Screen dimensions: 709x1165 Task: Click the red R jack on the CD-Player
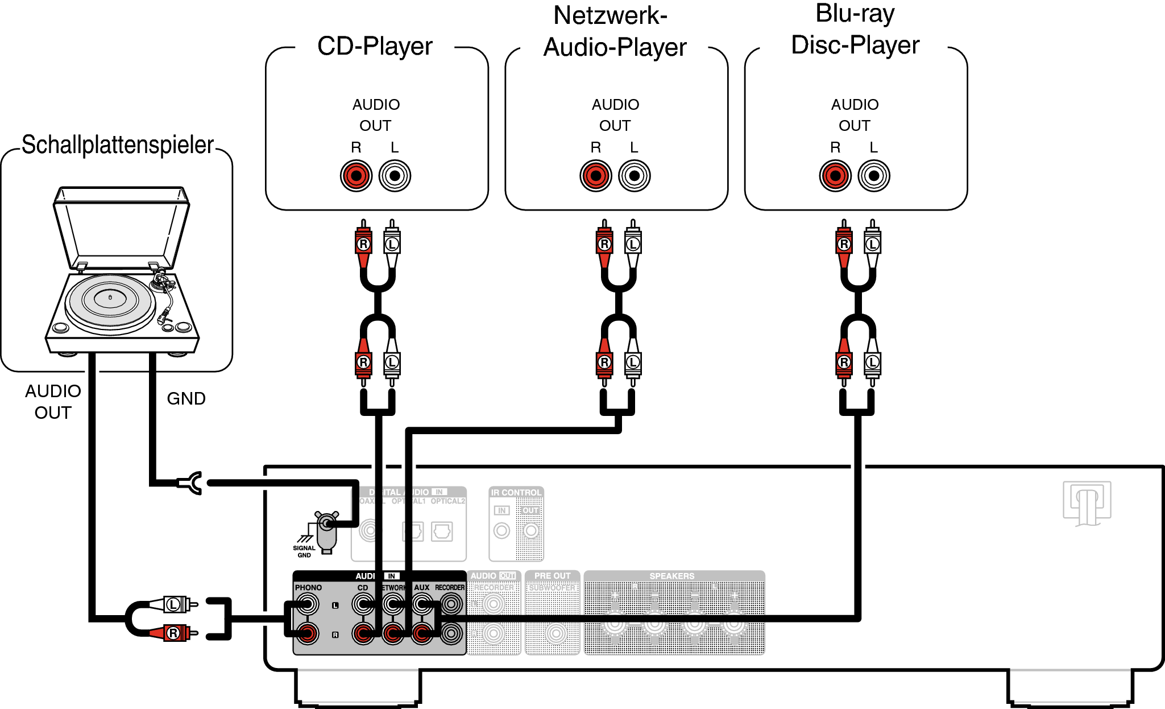click(356, 175)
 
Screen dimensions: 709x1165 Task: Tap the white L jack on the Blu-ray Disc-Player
click(874, 175)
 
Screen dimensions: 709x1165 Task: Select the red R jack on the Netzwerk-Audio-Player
click(595, 175)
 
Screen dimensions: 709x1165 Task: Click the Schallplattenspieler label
click(118, 145)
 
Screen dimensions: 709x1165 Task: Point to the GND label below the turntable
click(186, 398)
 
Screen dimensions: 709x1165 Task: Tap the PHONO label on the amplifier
click(308, 587)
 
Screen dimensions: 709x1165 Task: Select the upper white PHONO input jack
click(307, 604)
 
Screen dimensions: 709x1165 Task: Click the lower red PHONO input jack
click(307, 633)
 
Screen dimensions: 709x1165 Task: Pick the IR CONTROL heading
click(516, 492)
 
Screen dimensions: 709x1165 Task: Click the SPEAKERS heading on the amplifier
click(672, 576)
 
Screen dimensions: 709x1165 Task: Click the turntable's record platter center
click(110, 297)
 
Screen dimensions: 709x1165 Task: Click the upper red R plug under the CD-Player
click(363, 244)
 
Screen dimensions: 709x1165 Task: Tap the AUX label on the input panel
click(421, 587)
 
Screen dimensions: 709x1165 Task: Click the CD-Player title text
click(375, 46)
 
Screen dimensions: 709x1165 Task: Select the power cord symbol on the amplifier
click(1087, 503)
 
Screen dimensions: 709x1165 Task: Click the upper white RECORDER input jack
click(451, 604)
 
